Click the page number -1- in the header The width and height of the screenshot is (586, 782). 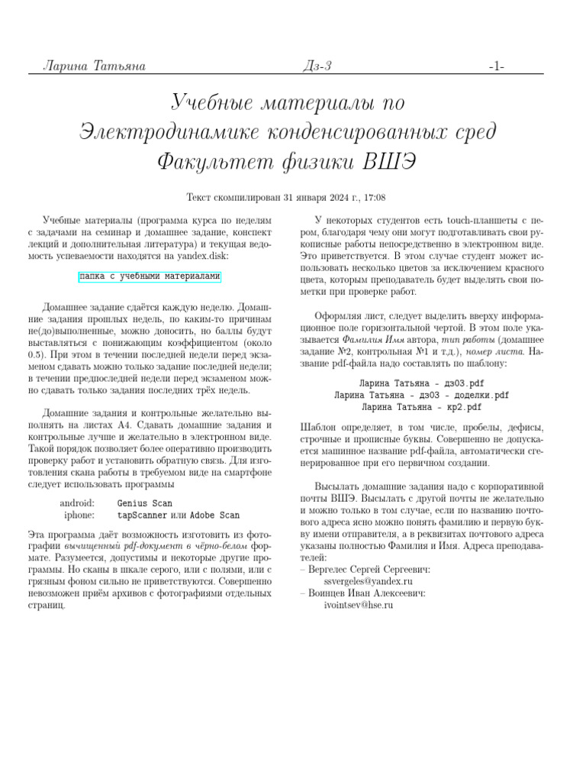pyautogui.click(x=496, y=66)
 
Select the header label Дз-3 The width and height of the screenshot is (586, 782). pyautogui.click(x=317, y=66)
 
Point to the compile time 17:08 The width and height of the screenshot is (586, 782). pyautogui.click(x=374, y=197)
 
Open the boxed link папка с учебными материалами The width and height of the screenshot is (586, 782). pyautogui.click(x=150, y=276)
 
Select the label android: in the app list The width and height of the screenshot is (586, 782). pyautogui.click(x=77, y=503)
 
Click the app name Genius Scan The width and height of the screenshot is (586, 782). pyautogui.click(x=145, y=503)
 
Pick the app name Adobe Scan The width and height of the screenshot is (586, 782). pyautogui.click(x=214, y=515)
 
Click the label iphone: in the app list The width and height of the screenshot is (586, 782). pyautogui.click(x=80, y=515)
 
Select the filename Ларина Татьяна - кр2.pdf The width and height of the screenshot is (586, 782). pyautogui.click(x=421, y=407)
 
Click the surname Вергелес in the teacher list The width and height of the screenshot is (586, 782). pyautogui.click(x=331, y=569)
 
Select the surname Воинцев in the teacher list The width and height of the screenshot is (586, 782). pyautogui.click(x=329, y=593)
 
